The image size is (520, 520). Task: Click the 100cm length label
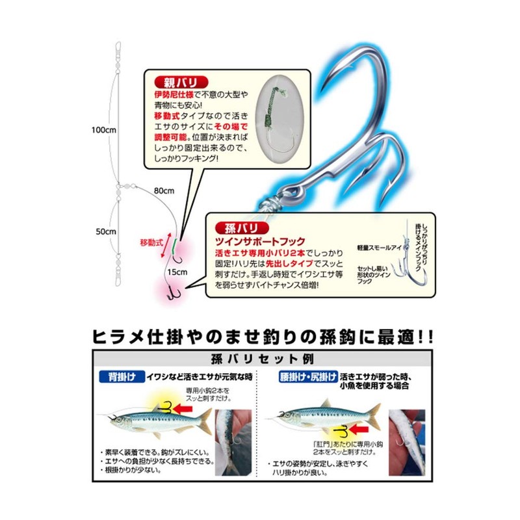pyautogui.click(x=103, y=130)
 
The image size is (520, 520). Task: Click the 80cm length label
pyautogui.click(x=164, y=190)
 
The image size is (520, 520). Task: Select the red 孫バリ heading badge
pyautogui.click(x=242, y=228)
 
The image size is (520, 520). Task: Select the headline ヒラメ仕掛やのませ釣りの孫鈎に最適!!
pyautogui.click(x=259, y=337)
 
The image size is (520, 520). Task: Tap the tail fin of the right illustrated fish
pyautogui.click(x=375, y=414)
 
